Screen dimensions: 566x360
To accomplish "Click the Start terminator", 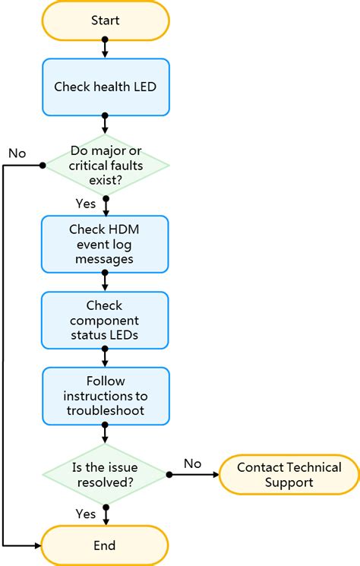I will point(105,21).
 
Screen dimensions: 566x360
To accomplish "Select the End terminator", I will point(105,545).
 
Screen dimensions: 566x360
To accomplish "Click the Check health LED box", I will point(105,87).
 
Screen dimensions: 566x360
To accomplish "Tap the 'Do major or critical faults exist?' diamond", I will point(105,165).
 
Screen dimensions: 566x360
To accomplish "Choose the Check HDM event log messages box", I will point(105,244).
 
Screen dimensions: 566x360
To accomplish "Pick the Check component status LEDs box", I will point(105,321).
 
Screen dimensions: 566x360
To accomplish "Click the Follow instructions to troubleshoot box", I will point(105,397).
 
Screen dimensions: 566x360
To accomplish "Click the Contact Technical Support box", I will point(289,475).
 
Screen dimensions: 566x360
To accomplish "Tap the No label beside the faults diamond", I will point(17,153).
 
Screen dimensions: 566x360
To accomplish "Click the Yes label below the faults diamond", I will point(85,204).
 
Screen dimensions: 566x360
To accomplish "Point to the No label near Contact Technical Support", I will point(193,463).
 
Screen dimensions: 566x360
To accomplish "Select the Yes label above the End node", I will point(85,514).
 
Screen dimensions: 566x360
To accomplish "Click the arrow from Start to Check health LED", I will point(105,49).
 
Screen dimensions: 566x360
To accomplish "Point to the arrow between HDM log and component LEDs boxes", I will point(105,283).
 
